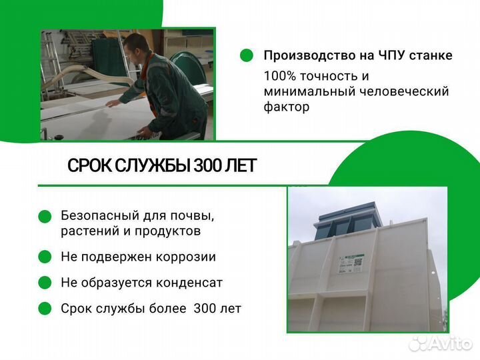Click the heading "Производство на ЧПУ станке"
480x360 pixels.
point(357,55)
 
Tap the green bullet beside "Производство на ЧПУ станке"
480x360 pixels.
point(247,56)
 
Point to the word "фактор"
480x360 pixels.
point(287,107)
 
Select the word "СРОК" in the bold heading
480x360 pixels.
point(90,166)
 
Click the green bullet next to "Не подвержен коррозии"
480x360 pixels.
point(45,257)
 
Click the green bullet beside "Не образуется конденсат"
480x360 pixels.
point(45,283)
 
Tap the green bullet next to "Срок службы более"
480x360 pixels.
point(45,309)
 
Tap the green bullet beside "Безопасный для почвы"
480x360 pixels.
point(45,216)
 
